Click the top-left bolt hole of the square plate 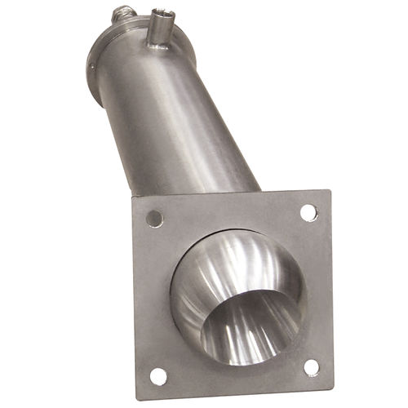154,218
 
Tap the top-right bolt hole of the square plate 308,212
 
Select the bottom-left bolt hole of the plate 158,376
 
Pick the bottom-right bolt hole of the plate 312,367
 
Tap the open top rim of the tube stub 158,12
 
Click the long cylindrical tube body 188,122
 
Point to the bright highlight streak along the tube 167,122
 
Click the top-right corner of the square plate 329,192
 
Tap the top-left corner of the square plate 130,198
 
